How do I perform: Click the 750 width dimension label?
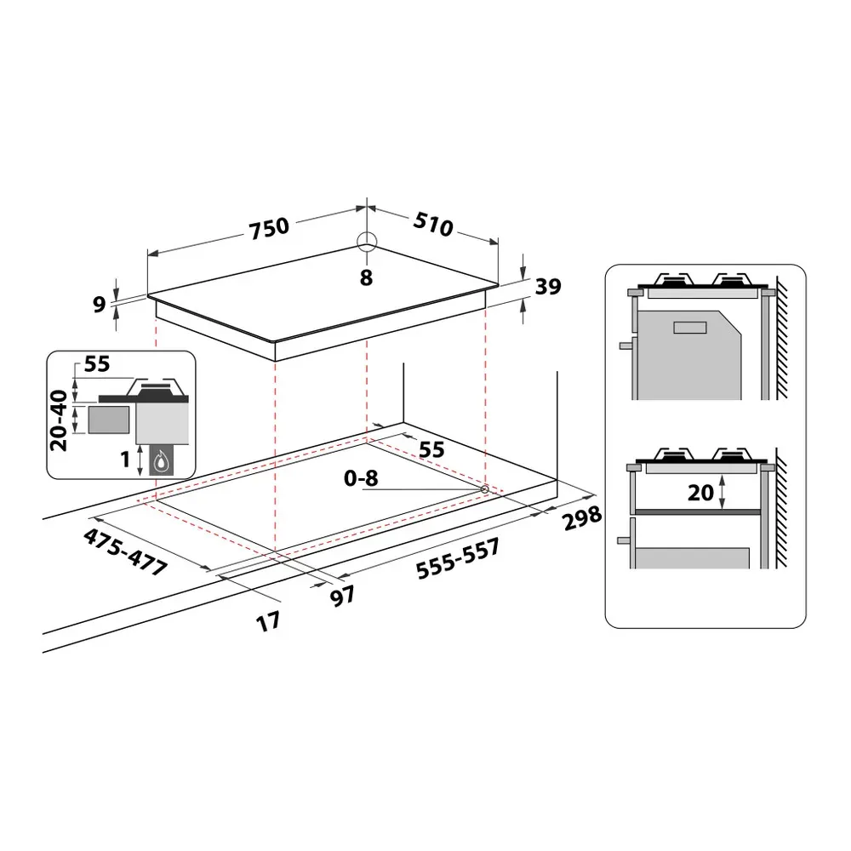pos(269,227)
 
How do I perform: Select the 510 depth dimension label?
pos(433,224)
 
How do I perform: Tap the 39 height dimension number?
pos(547,287)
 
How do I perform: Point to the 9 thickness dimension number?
pos(99,305)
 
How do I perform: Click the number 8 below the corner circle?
pos(366,277)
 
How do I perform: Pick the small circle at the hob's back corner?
pos(367,242)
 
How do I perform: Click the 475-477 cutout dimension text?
pos(125,552)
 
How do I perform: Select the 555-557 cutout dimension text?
pos(458,559)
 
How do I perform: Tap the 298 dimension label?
pos(582,517)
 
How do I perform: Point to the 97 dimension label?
pos(343,596)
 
